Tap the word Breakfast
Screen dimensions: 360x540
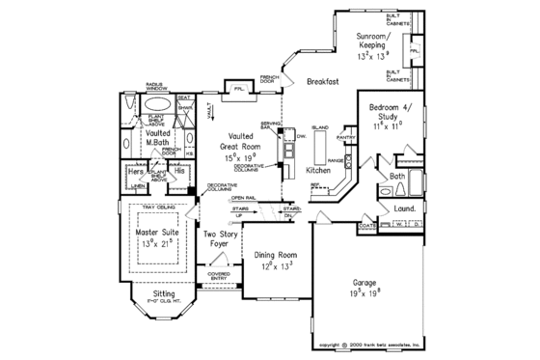322,82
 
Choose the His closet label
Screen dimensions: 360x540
179,170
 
